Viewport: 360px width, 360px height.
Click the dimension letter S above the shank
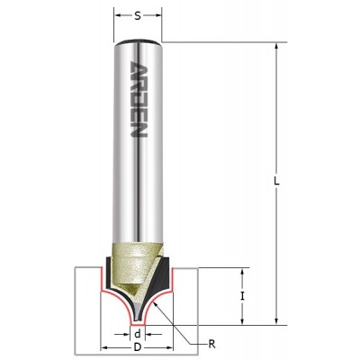pos(138,16)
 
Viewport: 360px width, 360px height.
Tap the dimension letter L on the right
pos(277,181)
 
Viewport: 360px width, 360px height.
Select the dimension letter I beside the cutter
pos(243,297)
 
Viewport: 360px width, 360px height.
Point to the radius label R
pos(212,344)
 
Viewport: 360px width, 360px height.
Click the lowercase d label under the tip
pos(138,334)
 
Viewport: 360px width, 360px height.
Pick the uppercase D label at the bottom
pos(138,347)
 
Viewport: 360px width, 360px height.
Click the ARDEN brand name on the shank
pos(139,100)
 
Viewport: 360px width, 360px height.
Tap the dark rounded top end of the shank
pos(138,41)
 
